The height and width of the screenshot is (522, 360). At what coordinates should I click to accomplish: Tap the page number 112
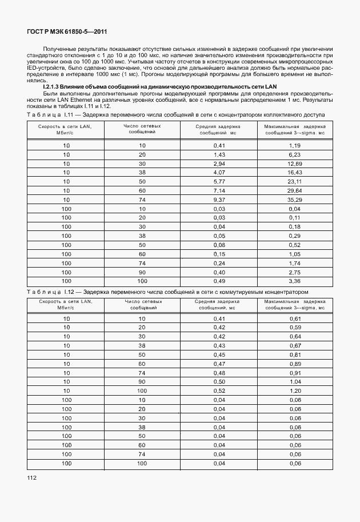[x=31, y=476]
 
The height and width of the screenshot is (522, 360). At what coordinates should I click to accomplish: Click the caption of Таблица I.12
[x=167, y=291]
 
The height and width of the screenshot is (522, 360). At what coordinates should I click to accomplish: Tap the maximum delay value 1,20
[x=295, y=390]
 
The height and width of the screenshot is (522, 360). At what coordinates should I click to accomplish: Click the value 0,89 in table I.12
[x=295, y=363]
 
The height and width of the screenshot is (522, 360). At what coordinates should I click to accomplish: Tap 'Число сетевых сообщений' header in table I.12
[x=142, y=304]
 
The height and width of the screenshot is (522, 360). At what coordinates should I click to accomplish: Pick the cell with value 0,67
[x=295, y=345]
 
